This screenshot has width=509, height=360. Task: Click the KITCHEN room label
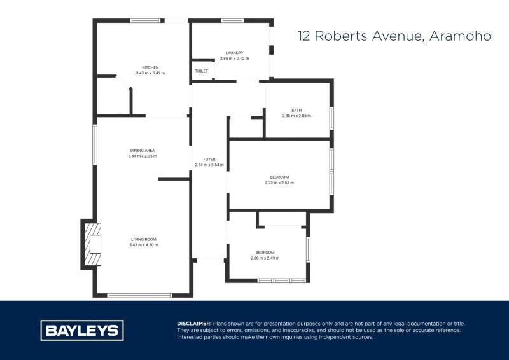[x=150, y=67]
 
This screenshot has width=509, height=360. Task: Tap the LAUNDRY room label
[x=234, y=53]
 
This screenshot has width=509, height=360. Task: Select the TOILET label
[x=201, y=71]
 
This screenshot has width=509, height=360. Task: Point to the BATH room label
[x=296, y=110]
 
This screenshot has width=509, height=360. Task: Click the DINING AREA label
[x=142, y=150]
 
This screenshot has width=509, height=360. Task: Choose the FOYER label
[x=209, y=159]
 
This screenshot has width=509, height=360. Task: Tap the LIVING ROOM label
[x=143, y=239]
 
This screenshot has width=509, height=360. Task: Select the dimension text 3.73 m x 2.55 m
[x=279, y=183]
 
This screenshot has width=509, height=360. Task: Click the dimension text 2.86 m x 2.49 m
[x=265, y=258]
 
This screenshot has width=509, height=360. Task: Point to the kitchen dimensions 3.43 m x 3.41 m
[x=150, y=73]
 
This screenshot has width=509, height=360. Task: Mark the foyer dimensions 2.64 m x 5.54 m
[x=209, y=165]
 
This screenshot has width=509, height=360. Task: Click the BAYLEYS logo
[x=82, y=330]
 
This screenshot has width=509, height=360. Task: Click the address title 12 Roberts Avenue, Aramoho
[x=394, y=36]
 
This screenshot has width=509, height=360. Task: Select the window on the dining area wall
[x=95, y=144]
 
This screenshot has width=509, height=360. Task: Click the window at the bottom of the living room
[x=139, y=295]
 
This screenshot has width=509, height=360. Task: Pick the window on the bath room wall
[x=331, y=119]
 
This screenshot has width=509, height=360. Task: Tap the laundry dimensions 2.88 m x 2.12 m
[x=234, y=59]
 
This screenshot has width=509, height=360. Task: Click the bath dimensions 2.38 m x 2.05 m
[x=296, y=116]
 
